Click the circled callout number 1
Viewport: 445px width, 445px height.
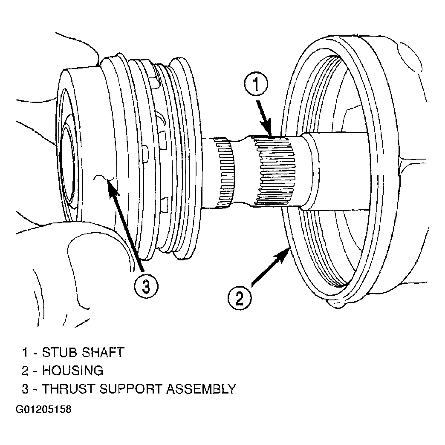[256, 85]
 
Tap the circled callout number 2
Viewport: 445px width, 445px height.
[240, 298]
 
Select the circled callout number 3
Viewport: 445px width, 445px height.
[146, 286]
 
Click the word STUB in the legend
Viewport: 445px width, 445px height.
[59, 353]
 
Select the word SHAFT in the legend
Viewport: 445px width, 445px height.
[103, 353]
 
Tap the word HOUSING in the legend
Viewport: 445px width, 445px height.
[72, 371]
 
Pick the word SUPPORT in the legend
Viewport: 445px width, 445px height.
[130, 389]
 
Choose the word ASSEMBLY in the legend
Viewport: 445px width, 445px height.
[201, 389]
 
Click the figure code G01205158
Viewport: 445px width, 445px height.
[43, 410]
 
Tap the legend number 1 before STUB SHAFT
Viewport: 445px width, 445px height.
[25, 353]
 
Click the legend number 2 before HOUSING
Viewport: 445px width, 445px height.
[25, 371]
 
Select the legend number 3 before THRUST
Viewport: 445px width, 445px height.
[25, 389]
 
